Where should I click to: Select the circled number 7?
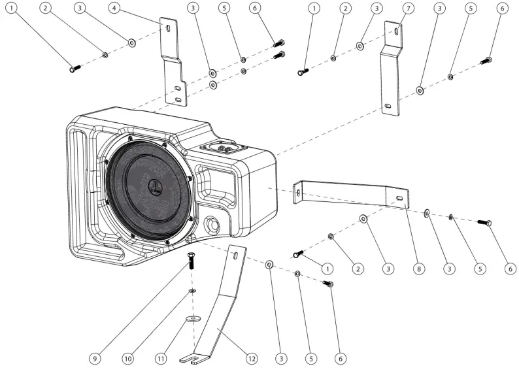(x=408, y=8)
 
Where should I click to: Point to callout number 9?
(x=95, y=358)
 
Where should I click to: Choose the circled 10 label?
(x=129, y=358)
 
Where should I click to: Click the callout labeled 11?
(x=162, y=358)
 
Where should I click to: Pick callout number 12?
(x=251, y=358)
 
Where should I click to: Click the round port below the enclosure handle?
(x=213, y=225)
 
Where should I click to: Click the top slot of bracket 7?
(x=396, y=30)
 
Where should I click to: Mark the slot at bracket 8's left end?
(x=298, y=192)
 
